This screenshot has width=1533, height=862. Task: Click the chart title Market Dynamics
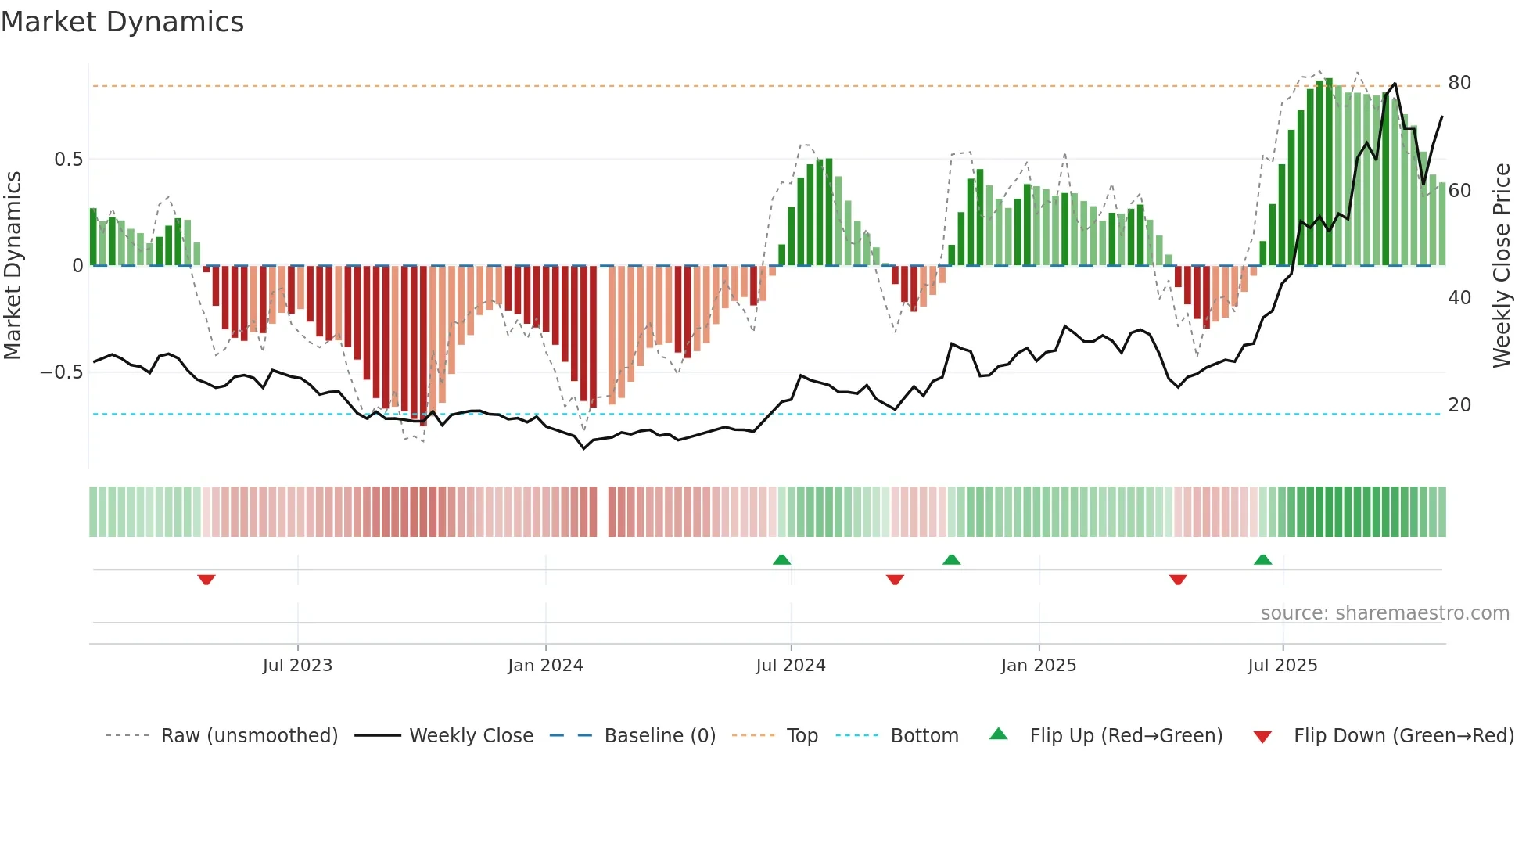[x=122, y=22]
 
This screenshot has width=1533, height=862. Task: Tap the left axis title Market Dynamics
[x=13, y=266]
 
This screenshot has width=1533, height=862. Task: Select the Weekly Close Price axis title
[x=1501, y=266]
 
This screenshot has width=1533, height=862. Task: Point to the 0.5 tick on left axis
[x=68, y=160]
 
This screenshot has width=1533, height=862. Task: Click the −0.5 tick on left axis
[x=62, y=372]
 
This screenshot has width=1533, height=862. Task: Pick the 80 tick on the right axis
[x=1459, y=83]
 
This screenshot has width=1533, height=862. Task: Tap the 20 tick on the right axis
[x=1459, y=405]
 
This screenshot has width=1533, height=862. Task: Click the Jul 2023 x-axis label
[x=297, y=666]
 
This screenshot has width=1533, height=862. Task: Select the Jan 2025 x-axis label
[x=1038, y=666]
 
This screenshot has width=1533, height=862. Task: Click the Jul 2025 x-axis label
[x=1282, y=666]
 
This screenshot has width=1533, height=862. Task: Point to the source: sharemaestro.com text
[x=1384, y=613]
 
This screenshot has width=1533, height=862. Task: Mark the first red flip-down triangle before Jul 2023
[x=206, y=580]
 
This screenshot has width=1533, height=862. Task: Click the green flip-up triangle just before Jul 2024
[x=781, y=559]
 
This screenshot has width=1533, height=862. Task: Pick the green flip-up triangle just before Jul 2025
[x=1262, y=559]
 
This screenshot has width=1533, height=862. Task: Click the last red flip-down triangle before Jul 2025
[x=1178, y=580]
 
